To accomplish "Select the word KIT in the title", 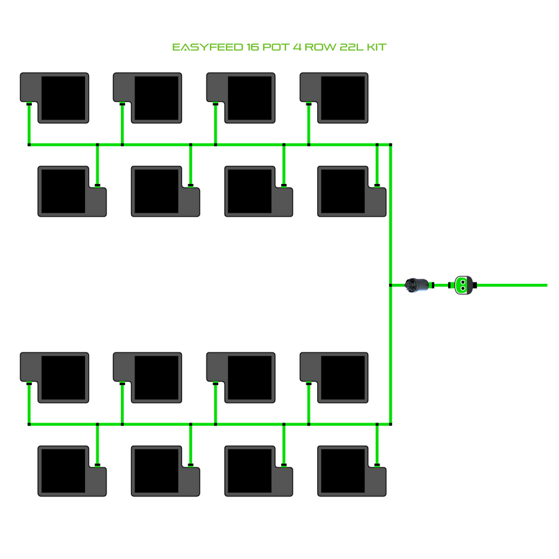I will [x=376, y=48].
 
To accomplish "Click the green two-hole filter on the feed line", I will [x=463, y=285].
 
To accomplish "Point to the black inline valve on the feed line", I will [x=416, y=285].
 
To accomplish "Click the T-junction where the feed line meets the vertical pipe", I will [x=391, y=285].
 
